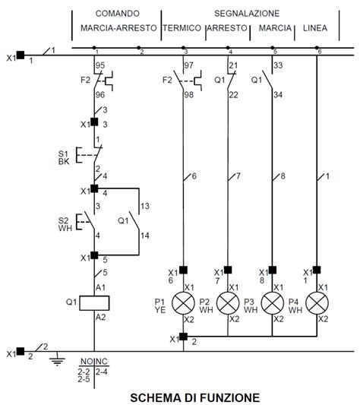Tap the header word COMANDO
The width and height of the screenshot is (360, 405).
click(117, 14)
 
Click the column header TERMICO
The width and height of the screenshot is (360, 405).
click(182, 28)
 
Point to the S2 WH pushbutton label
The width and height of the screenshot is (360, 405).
click(64, 223)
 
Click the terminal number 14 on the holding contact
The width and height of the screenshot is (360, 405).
click(144, 236)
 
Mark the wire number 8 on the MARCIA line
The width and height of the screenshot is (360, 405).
click(283, 176)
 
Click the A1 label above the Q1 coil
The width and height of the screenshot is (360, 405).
click(99, 287)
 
